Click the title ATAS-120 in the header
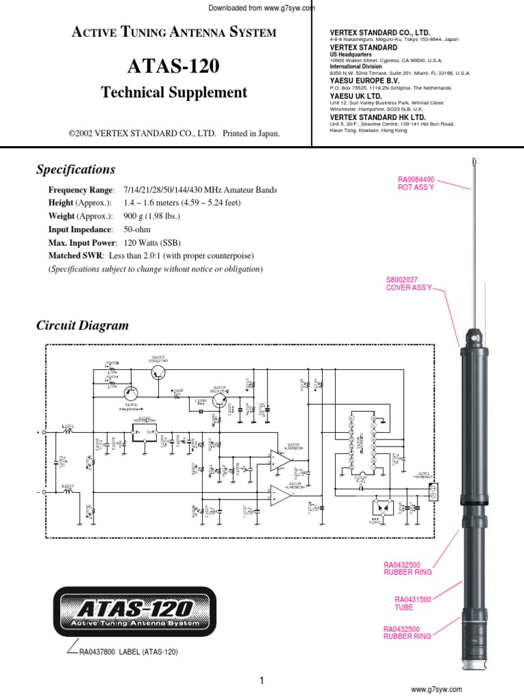174,67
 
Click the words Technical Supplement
174,93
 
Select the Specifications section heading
76,169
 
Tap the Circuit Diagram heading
83,326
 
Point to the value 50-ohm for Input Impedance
137,229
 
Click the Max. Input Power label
83,242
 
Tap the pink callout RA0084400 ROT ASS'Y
416,183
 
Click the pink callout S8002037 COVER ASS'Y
409,284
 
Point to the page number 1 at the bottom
261,680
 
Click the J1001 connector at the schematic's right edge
431,491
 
